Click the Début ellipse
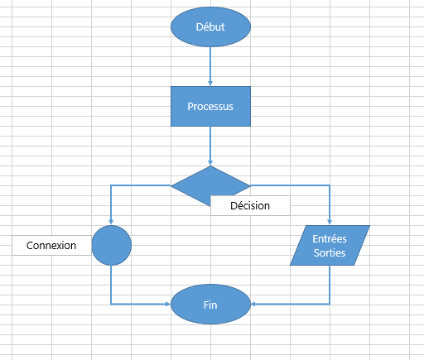[x=210, y=26]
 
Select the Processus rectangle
[x=210, y=106]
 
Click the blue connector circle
[x=111, y=245]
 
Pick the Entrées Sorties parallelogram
[x=330, y=245]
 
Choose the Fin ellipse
[x=210, y=305]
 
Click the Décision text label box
[x=250, y=205]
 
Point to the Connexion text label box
[x=51, y=245]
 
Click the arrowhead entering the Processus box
[x=210, y=84]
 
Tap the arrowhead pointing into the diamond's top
[x=210, y=163]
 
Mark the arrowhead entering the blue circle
[x=111, y=223]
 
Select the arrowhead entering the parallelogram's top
[x=330, y=223]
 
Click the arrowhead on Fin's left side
[x=168, y=304]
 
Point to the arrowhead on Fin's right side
[x=253, y=304]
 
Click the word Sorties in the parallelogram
[x=330, y=252]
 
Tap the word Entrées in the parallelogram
[x=330, y=238]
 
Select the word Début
[x=210, y=26]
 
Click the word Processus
[x=210, y=107]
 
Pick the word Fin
[x=210, y=305]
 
